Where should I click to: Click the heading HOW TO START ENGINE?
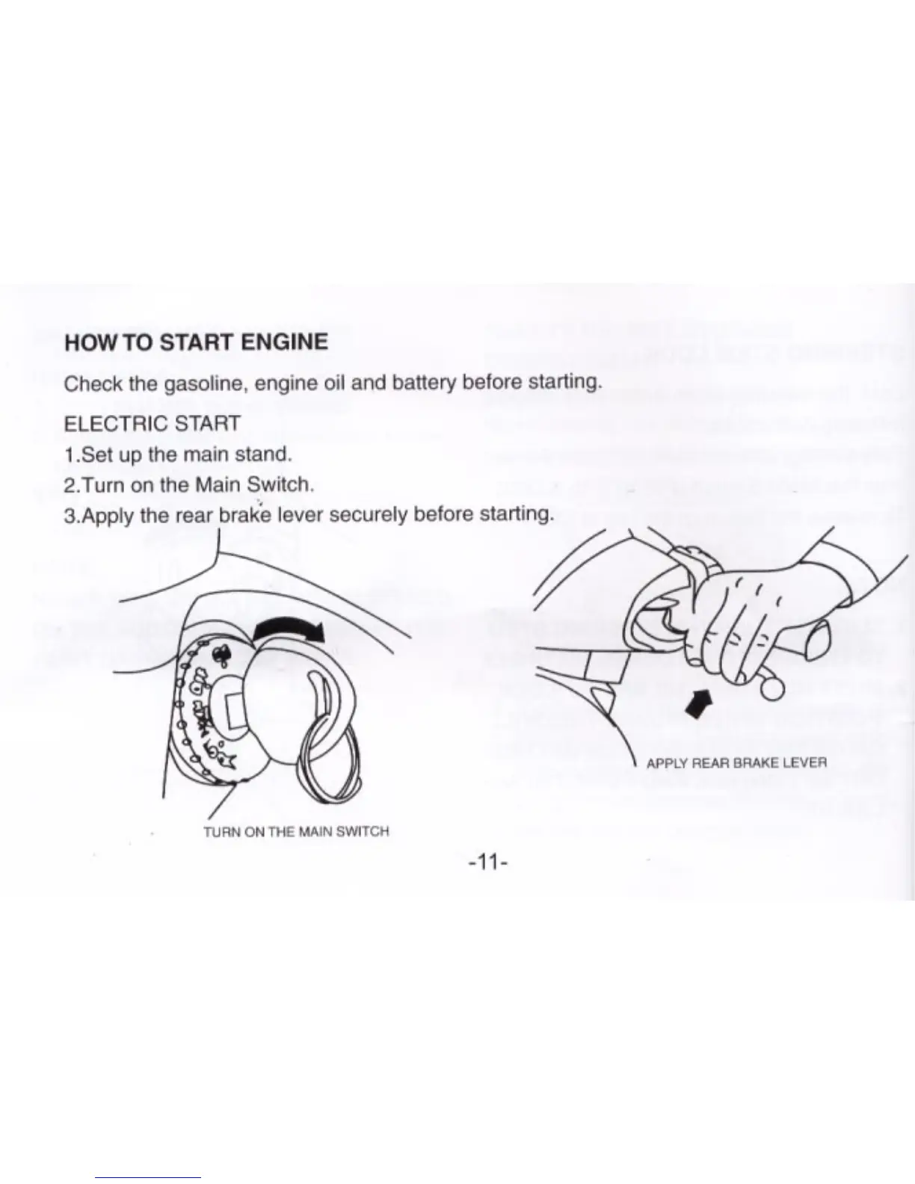point(196,342)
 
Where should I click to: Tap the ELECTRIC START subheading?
point(152,424)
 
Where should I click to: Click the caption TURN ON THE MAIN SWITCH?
point(296,831)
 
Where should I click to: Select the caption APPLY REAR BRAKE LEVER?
point(736,763)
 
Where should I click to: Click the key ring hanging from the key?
point(329,755)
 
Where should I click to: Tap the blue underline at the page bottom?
point(148,1177)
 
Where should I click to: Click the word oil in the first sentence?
point(333,383)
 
